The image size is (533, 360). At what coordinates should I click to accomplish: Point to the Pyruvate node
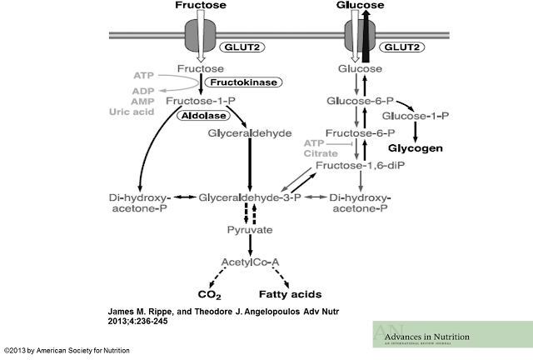(250, 227)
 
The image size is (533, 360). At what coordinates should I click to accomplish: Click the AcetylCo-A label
(250, 262)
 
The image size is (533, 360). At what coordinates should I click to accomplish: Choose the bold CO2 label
(208, 294)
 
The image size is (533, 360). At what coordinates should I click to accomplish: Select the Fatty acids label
(289, 294)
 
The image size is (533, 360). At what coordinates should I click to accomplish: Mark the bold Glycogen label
(415, 148)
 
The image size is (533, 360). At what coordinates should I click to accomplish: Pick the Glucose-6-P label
(356, 101)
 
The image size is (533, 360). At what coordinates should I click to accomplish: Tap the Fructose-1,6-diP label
(356, 166)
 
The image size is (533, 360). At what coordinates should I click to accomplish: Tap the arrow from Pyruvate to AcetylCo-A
(250, 245)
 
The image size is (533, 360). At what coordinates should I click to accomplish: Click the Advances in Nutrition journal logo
(451, 335)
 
